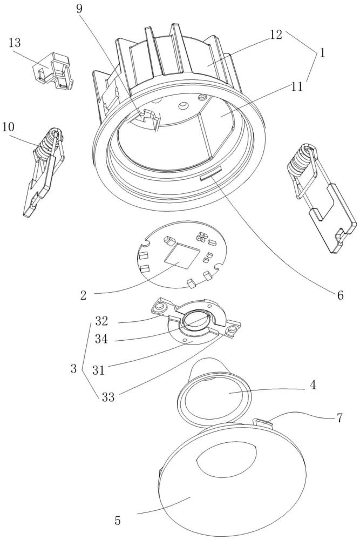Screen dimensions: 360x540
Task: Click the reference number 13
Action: click(15, 43)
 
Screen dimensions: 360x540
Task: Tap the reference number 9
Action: click(79, 9)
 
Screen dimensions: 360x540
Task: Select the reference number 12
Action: click(276, 35)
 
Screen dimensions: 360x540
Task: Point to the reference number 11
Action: click(297, 86)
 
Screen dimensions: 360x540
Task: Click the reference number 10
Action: click(8, 127)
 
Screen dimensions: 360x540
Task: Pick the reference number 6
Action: click(340, 295)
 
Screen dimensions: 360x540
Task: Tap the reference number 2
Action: click(84, 295)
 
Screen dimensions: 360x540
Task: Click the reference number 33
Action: click(108, 397)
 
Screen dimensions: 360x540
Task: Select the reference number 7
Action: click(339, 418)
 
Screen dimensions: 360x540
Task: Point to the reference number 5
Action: click(118, 521)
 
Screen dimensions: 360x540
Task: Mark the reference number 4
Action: click(313, 384)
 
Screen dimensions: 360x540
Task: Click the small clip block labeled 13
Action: click(53, 71)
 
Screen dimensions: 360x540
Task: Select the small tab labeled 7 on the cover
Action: click(263, 422)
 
